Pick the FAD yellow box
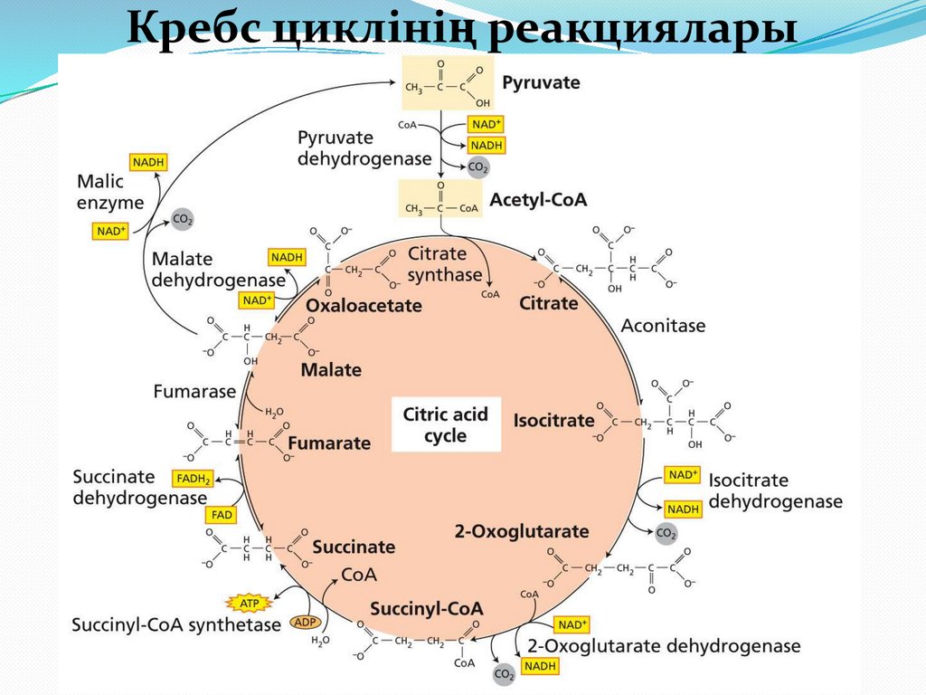(222, 515)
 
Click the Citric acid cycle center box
(446, 424)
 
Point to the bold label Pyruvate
(541, 83)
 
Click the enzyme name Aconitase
(663, 325)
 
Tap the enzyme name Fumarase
(194, 392)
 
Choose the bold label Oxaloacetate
(364, 306)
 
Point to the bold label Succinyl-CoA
(426, 608)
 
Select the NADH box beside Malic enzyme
(148, 162)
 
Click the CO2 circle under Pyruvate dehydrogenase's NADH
(477, 167)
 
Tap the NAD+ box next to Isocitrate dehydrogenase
(683, 475)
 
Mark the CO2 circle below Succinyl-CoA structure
(504, 674)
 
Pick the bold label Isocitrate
(553, 420)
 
